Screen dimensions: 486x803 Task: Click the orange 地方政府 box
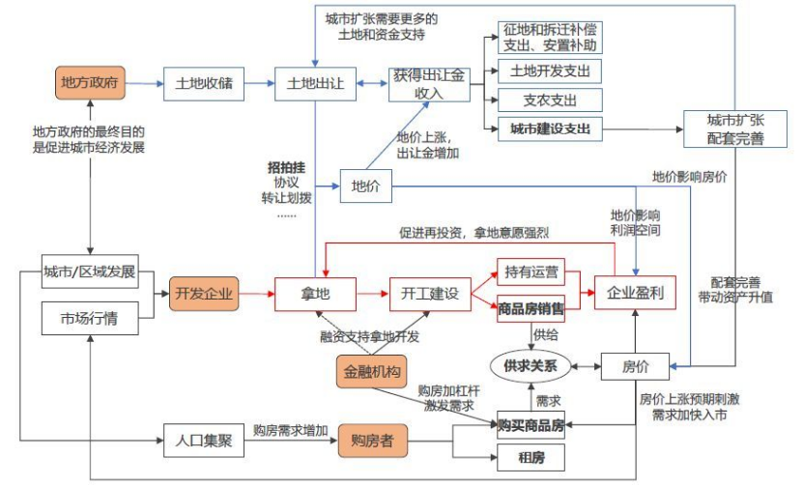tap(89, 82)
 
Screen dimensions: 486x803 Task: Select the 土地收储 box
tap(203, 83)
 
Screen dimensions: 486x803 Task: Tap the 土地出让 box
tap(316, 83)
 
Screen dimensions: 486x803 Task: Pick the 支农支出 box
tap(550, 100)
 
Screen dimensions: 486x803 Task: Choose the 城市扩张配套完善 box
tap(735, 129)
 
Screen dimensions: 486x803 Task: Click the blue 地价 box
tap(365, 186)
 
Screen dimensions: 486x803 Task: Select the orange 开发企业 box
tap(204, 293)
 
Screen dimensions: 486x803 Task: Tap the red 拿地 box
tap(316, 293)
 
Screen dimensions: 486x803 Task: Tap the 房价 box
tap(634, 365)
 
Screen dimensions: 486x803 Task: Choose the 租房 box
tap(531, 459)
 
